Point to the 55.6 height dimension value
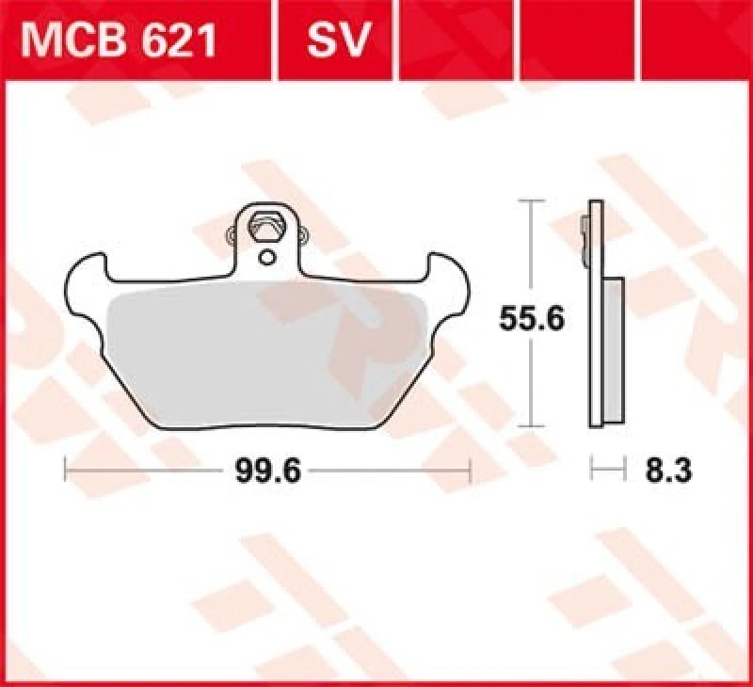(x=532, y=320)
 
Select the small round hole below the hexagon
(x=267, y=257)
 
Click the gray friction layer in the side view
(x=611, y=348)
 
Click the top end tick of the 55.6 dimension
(x=533, y=201)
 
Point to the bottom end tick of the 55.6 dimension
(x=533, y=429)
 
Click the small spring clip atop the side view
(x=585, y=235)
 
